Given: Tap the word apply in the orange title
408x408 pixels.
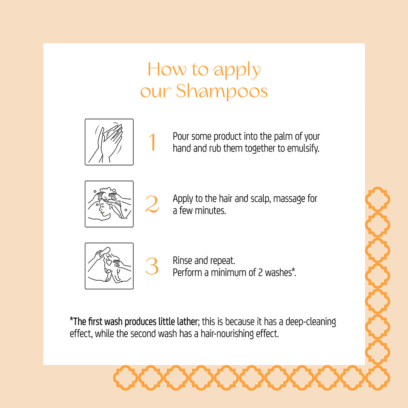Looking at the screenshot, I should point(237,71).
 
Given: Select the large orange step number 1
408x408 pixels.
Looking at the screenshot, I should point(152,142).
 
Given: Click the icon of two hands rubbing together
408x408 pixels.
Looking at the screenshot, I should point(109,142).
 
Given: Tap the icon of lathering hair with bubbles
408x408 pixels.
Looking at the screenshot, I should point(109,204).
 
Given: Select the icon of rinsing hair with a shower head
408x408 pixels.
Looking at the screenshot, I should point(109,266).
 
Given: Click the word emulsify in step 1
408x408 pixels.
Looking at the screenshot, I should point(303,148).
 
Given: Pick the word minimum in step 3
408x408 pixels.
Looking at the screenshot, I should point(237,272).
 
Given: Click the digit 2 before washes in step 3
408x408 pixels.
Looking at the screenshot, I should point(264,272).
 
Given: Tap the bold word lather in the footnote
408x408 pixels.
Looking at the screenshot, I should point(186,322).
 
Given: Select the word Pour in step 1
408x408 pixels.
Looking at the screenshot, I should point(181,136).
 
